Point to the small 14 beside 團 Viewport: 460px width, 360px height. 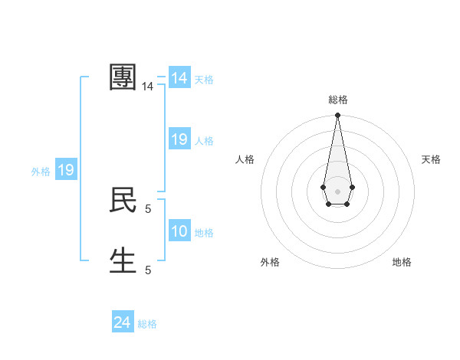[148, 87]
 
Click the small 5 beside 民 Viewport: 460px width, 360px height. [148, 208]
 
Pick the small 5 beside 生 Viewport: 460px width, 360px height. [148, 270]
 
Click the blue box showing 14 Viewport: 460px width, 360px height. [179, 78]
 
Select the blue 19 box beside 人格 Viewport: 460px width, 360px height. [179, 139]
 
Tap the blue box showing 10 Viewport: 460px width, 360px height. [179, 231]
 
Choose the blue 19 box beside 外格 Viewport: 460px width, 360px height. [66, 170]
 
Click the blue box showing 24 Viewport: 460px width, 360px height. [122, 322]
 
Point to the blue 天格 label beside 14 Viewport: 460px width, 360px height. [204, 80]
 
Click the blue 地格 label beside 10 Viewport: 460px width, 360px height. [204, 233]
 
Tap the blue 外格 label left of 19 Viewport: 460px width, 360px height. [41, 172]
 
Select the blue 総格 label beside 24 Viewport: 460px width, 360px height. [147, 324]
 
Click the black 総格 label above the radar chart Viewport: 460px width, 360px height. [337, 100]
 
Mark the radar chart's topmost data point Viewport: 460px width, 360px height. [337, 116]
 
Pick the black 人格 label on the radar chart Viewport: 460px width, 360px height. [245, 159]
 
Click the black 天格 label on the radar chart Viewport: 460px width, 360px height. [431, 159]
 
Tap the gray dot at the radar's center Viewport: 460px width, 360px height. [337, 190]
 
